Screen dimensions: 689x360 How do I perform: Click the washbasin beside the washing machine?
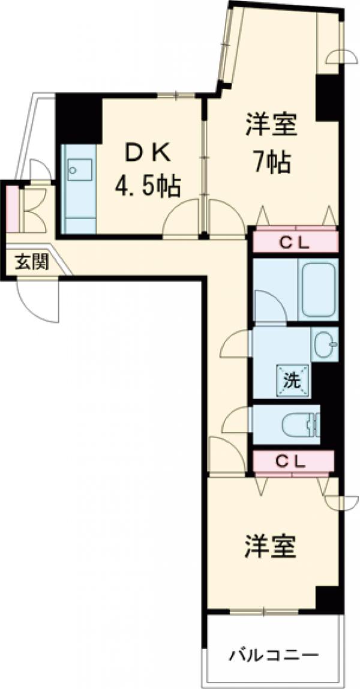click(325, 345)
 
